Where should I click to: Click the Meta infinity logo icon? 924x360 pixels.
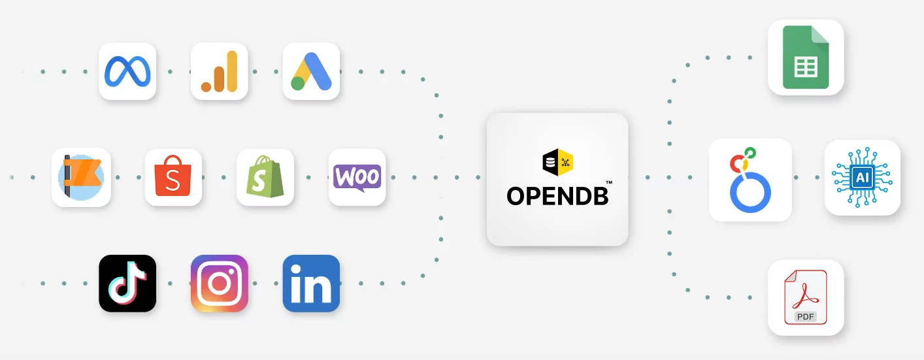coord(127,71)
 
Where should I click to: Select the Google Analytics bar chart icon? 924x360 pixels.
coord(219,71)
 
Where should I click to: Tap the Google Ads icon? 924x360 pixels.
coord(311,71)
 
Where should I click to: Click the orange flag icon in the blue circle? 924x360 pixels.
coord(81,177)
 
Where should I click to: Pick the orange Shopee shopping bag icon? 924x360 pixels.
coord(173,177)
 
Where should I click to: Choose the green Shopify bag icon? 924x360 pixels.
coord(265,177)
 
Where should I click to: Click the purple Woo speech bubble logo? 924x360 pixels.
coord(357,177)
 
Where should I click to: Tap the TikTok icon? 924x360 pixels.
coord(127,283)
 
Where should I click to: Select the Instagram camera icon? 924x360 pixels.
coord(219,283)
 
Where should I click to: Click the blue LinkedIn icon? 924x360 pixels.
coord(311,283)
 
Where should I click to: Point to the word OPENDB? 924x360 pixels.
coord(557,195)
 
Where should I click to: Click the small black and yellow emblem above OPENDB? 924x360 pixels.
coord(557,163)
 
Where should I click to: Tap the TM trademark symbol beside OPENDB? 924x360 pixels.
coord(609,183)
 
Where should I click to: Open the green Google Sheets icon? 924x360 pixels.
coord(806,57)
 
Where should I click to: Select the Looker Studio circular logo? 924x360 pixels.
coord(750,180)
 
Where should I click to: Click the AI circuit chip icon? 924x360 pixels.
coord(862,177)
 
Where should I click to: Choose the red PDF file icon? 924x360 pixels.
coord(806,297)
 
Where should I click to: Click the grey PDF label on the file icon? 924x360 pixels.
coord(806,317)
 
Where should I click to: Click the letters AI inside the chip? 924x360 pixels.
coord(862,177)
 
